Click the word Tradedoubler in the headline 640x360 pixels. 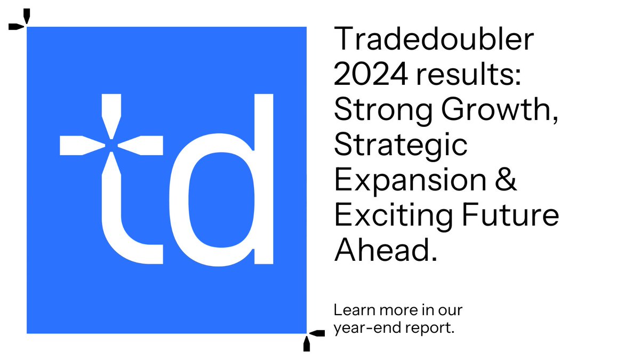pos(434,41)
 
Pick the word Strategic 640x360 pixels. pos(401,146)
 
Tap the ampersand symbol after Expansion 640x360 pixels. pos(507,180)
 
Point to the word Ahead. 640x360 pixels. pos(385,250)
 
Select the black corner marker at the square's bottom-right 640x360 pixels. pos(311,338)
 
